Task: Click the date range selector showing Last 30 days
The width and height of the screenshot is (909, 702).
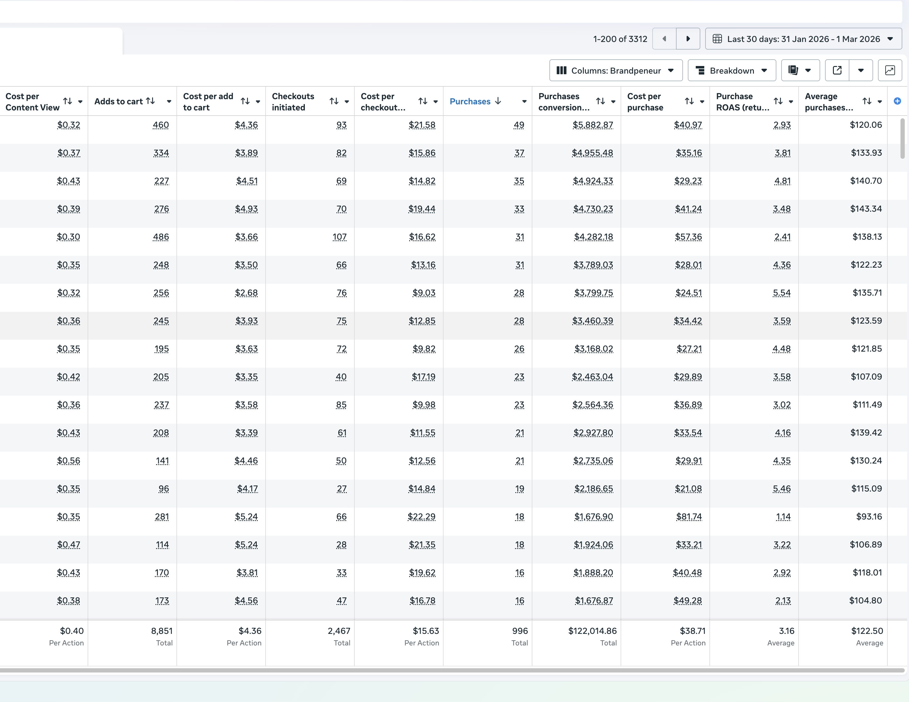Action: click(x=803, y=39)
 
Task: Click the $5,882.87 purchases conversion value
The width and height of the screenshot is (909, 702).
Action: click(x=592, y=125)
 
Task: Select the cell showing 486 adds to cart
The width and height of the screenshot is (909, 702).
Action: click(x=161, y=237)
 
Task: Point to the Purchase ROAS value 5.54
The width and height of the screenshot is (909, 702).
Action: click(x=781, y=293)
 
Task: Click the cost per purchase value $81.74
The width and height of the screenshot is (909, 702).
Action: click(x=688, y=517)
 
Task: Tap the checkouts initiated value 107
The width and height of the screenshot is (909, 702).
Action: click(x=339, y=237)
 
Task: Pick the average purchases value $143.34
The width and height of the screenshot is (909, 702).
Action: click(x=866, y=209)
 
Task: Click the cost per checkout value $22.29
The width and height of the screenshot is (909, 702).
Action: click(x=421, y=517)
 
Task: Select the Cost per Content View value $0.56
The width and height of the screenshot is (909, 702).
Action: click(x=68, y=460)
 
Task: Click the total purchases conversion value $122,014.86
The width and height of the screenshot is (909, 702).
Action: click(x=592, y=631)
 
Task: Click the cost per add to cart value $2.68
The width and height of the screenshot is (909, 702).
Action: click(x=246, y=293)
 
